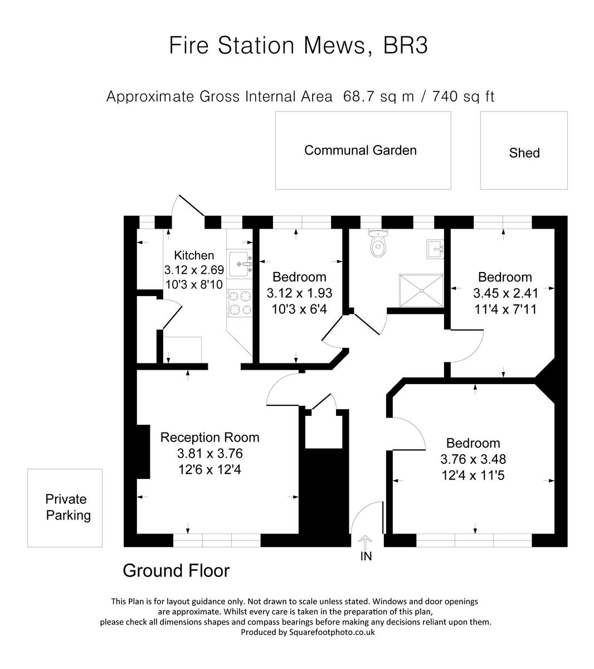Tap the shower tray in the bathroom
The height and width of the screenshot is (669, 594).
[x=422, y=290]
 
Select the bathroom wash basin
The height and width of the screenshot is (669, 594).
[x=435, y=249]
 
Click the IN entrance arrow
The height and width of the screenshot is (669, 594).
[x=366, y=542]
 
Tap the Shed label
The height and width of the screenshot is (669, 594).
[x=524, y=153]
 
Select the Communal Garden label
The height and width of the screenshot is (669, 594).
[x=361, y=150]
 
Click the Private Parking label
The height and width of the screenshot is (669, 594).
[x=66, y=507]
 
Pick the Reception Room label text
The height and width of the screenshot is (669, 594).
[x=210, y=437]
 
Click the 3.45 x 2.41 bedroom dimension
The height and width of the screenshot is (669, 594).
[x=505, y=293]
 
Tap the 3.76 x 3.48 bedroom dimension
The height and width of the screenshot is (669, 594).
[x=473, y=459]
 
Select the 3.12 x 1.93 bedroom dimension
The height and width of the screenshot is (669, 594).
[x=299, y=293]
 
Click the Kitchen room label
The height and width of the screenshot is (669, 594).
[x=194, y=255]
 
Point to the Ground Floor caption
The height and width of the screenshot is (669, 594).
[x=176, y=570]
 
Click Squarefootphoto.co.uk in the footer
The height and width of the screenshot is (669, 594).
[x=332, y=632]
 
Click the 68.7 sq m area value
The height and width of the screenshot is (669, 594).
[x=379, y=96]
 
